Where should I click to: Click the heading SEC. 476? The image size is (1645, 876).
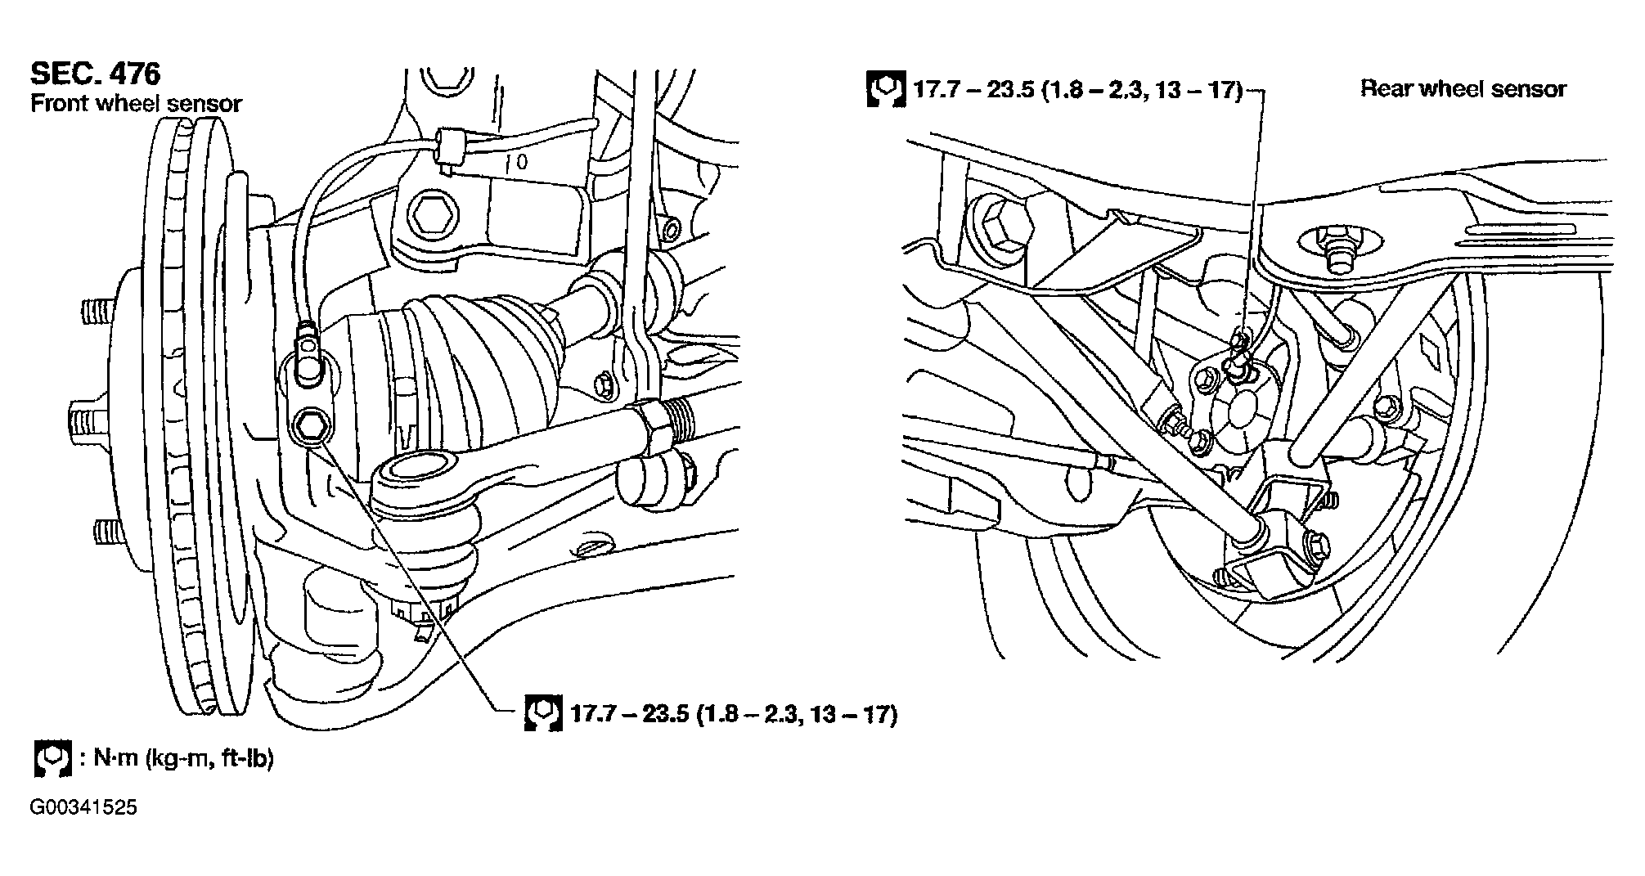95,74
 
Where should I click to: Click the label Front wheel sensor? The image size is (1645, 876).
137,104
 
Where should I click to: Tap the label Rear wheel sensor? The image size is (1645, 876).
1463,88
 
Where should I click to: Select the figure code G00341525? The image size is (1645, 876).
83,808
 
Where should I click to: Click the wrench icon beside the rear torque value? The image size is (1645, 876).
884,89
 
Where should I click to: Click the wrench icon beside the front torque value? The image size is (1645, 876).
542,713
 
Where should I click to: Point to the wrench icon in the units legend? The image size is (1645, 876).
52,758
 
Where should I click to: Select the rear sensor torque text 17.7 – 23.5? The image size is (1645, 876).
974,89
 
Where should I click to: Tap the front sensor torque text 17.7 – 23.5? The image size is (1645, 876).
631,714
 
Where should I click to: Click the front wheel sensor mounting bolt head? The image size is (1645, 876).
312,425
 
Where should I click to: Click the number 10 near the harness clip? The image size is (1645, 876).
517,161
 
